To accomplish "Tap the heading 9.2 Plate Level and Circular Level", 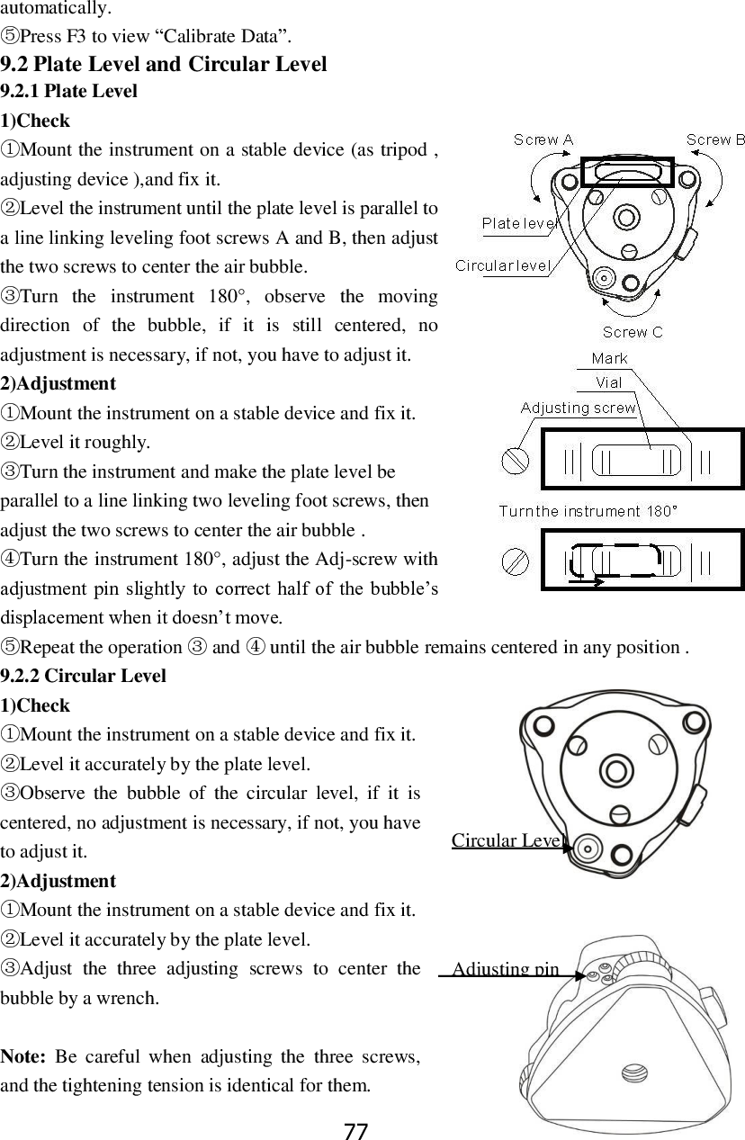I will pyautogui.click(x=164, y=64).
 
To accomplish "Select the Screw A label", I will pyautogui.click(x=543, y=139).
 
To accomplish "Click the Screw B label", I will pyautogui.click(x=715, y=139).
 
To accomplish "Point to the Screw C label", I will pyautogui.click(x=633, y=332).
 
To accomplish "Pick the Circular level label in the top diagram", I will pyautogui.click(x=503, y=265).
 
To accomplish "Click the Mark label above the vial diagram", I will pyautogui.click(x=610, y=359).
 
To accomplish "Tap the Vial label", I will pyautogui.click(x=609, y=382).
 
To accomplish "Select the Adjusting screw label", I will pyautogui.click(x=579, y=408).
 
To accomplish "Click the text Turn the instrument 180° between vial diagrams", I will pyautogui.click(x=588, y=511).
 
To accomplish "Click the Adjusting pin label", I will pyautogui.click(x=506, y=969).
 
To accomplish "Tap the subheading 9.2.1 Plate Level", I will pyautogui.click(x=69, y=91).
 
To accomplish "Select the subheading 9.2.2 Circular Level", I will pyautogui.click(x=84, y=676).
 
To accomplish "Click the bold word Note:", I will pyautogui.click(x=24, y=1056).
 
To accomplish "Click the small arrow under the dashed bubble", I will pyautogui.click(x=588, y=582).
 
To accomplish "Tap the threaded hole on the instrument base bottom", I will pyautogui.click(x=632, y=1074).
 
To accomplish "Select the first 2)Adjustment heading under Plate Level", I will pyautogui.click(x=58, y=384).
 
